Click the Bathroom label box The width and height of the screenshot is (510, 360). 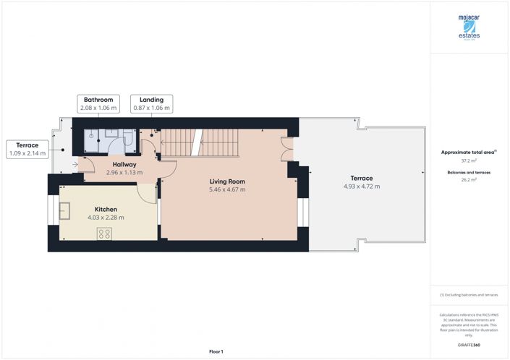pos(98,103)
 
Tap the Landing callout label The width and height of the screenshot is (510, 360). pos(152,103)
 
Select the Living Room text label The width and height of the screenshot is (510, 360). pos(227,181)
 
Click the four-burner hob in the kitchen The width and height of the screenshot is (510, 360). pos(104,233)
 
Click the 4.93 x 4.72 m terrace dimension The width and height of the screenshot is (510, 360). pos(362,187)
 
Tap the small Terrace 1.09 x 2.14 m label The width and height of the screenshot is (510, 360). pos(27,149)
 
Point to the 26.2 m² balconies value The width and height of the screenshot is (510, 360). pos(469,183)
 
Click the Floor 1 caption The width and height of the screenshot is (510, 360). pos(216,351)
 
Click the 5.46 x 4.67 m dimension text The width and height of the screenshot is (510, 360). pos(227,190)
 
